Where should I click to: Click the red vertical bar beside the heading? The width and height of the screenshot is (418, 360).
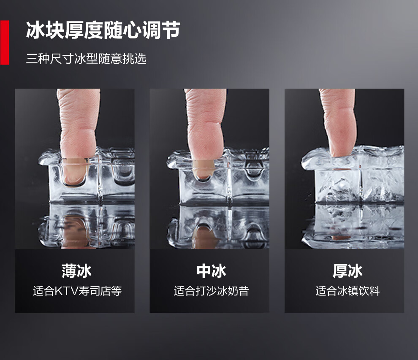point(5,42)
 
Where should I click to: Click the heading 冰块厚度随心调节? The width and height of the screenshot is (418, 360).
point(103,30)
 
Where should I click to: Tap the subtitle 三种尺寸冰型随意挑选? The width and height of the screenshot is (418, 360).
point(86,59)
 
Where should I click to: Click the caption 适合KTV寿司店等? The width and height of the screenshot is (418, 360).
point(77,291)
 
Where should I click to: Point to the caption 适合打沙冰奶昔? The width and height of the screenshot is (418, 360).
point(212,291)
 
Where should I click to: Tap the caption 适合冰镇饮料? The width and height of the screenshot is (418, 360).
point(347,291)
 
